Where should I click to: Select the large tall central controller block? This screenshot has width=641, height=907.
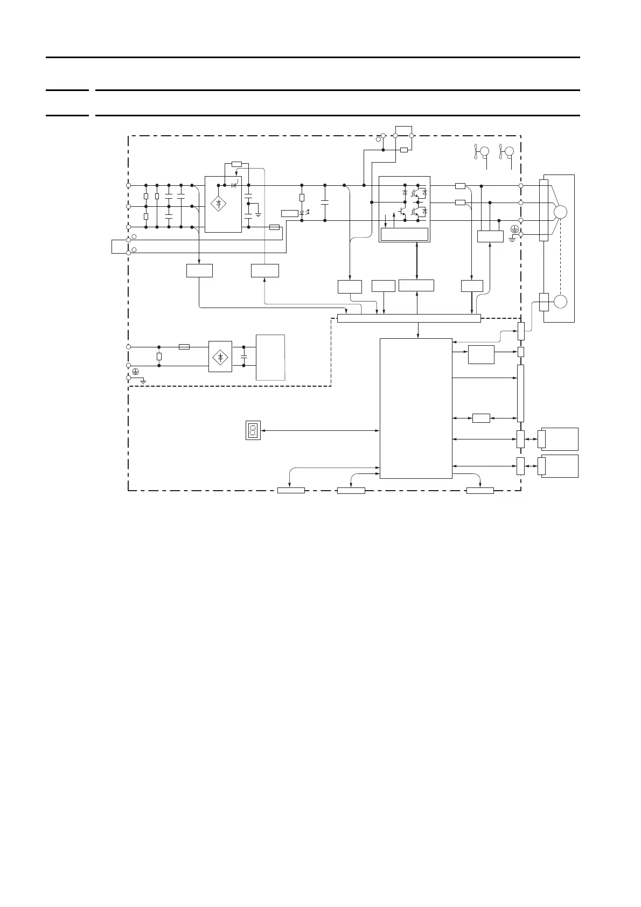[416, 408]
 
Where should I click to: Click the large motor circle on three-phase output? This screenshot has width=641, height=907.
[560, 212]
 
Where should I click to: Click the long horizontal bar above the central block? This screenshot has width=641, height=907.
[408, 318]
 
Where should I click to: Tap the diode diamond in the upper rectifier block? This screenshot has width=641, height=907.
[218, 204]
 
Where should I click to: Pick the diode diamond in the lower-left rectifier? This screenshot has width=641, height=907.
[220, 357]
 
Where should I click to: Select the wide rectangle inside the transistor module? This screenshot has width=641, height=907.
[404, 234]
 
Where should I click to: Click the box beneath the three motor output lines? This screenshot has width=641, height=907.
[490, 236]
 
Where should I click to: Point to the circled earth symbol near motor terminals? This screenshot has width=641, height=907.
[514, 229]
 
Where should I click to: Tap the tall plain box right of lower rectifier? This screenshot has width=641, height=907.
[270, 358]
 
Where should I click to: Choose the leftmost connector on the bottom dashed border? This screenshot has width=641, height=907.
[291, 490]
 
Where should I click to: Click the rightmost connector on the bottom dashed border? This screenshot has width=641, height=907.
[480, 490]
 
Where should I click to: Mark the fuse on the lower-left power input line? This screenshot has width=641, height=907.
[184, 347]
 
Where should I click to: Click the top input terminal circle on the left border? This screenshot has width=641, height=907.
[128, 185]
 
